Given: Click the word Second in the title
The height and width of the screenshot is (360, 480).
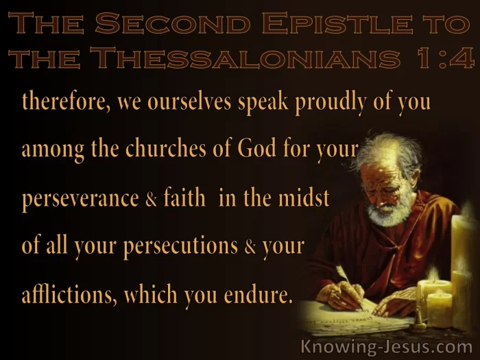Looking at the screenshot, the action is [173, 23].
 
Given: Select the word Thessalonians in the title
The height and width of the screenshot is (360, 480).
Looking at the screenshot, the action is [245, 58].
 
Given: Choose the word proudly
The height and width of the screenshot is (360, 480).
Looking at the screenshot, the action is [331, 103].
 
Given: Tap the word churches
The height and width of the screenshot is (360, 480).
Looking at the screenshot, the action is [166, 149].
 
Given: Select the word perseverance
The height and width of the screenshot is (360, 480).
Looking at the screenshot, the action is [80, 199].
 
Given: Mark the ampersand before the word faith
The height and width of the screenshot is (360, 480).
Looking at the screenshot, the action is [152, 199].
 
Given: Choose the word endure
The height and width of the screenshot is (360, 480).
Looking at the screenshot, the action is [256, 294].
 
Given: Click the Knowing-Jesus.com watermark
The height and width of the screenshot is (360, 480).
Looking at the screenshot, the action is [386, 348].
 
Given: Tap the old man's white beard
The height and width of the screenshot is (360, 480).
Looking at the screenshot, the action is [389, 211].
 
